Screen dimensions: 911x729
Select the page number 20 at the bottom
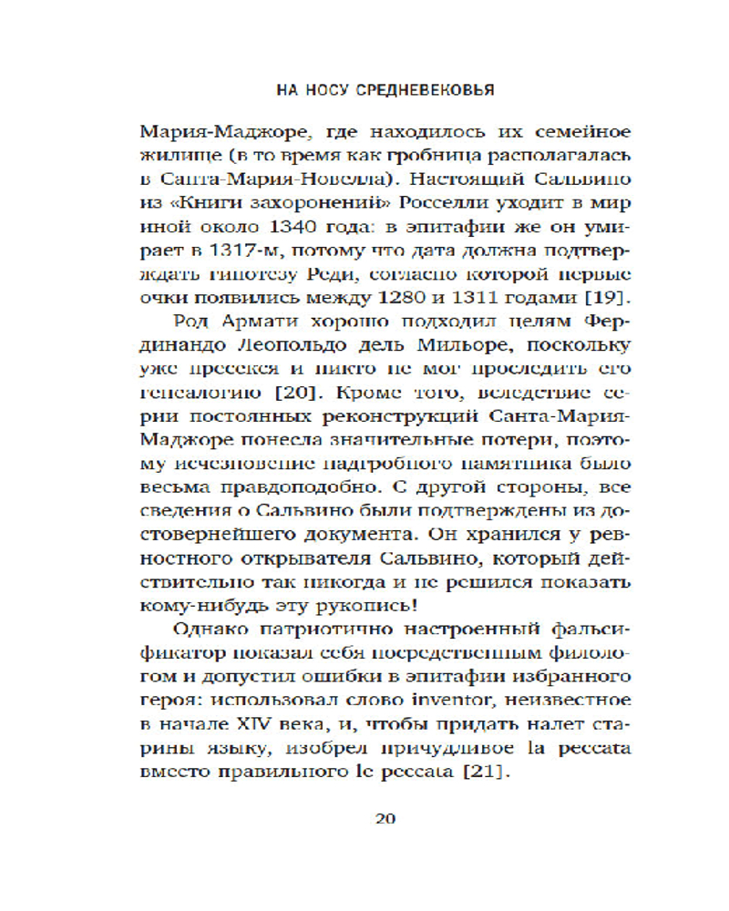pyautogui.click(x=384, y=817)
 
